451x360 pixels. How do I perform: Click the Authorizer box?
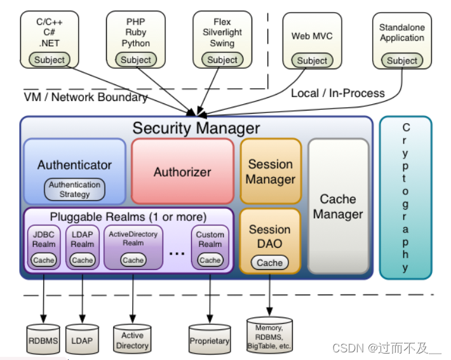pyautogui.click(x=182, y=171)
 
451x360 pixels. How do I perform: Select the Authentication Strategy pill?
pyautogui.click(x=75, y=189)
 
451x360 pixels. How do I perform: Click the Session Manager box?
pyautogui.click(x=271, y=171)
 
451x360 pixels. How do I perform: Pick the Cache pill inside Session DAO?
pyautogui.click(x=270, y=262)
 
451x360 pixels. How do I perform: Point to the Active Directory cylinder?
pyautogui.click(x=133, y=340)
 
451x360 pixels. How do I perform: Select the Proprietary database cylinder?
pyautogui.click(x=210, y=340)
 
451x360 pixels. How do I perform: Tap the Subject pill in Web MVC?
pyautogui.click(x=313, y=60)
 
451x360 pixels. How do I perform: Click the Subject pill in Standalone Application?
pyautogui.click(x=402, y=60)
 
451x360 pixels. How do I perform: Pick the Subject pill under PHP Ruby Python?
pyautogui.click(x=136, y=60)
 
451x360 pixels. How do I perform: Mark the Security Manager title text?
pyautogui.click(x=196, y=128)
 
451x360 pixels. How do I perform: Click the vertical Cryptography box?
pyautogui.click(x=405, y=197)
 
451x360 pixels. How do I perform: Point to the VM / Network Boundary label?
pyautogui.click(x=86, y=97)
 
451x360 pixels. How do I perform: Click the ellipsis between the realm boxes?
pyautogui.click(x=177, y=252)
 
